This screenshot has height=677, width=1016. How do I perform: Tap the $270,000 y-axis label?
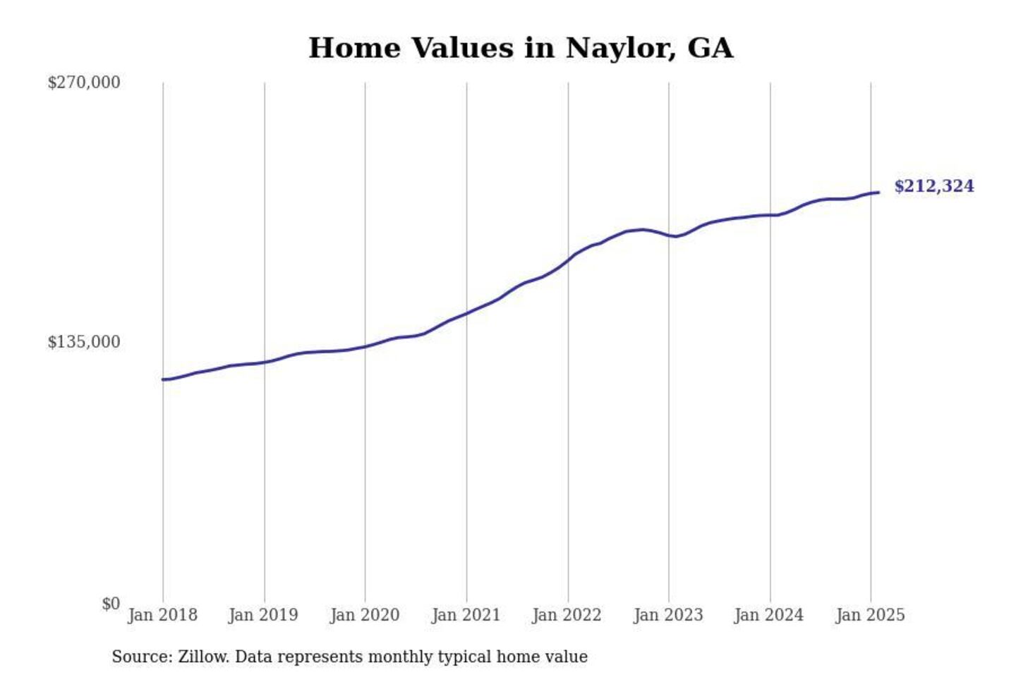click(x=84, y=83)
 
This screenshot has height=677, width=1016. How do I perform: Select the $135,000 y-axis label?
click(x=84, y=342)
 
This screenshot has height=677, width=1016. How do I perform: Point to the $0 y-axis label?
click(x=111, y=604)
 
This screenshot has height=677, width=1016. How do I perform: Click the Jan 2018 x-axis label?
click(x=162, y=615)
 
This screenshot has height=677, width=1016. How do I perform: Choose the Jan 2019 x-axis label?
click(x=263, y=615)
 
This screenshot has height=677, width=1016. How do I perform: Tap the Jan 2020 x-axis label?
click(x=365, y=615)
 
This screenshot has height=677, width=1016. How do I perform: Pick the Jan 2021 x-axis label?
click(x=466, y=615)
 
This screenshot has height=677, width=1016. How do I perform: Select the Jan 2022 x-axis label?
click(x=567, y=615)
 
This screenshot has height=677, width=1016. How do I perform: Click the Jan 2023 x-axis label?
click(x=668, y=615)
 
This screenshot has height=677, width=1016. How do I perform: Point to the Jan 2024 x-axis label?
click(x=769, y=615)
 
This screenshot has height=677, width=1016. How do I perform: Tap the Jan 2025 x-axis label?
click(x=870, y=615)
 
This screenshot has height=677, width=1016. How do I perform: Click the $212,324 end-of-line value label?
click(x=934, y=186)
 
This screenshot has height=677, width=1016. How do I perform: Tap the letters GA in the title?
click(x=710, y=48)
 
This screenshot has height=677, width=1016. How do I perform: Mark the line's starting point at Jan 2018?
click(x=164, y=379)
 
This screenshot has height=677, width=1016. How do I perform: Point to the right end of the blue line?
click(x=878, y=193)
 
